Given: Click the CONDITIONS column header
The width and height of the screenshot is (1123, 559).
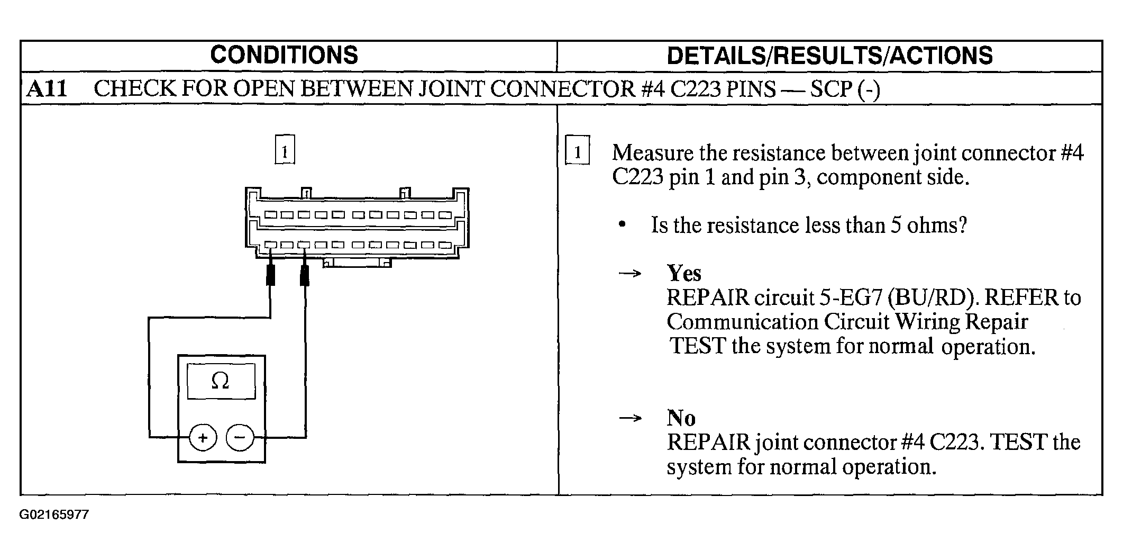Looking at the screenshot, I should pos(284,56).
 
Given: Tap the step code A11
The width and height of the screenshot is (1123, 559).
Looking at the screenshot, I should pos(47,88).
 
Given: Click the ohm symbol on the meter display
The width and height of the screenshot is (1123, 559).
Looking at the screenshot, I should pos(220,381).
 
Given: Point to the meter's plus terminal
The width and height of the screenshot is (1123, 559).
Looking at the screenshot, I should pos(203,438).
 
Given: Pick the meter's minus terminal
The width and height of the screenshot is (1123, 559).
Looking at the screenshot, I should pos(240,438).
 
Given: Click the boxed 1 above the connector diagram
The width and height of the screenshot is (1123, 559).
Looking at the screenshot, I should pos(285,151).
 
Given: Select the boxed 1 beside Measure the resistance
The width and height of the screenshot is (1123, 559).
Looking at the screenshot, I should pos(578,152).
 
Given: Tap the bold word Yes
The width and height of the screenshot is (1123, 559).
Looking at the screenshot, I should pos(684,273).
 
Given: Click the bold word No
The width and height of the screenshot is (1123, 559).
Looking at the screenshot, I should pos(681,418).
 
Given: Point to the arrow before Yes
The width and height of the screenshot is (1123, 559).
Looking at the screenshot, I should pos(630,274).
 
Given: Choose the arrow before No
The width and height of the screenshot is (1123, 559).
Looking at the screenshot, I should pos(630,418).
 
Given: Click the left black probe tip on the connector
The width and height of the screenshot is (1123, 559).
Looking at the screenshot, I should pos(270,274).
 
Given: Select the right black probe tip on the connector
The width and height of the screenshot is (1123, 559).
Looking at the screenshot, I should pos(305,275).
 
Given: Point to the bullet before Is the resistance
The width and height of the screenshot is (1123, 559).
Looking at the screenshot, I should pos(623,226).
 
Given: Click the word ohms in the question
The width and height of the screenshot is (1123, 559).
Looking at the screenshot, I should pos(936,226).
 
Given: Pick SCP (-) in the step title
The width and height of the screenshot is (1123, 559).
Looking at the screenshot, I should pos(845,88).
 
